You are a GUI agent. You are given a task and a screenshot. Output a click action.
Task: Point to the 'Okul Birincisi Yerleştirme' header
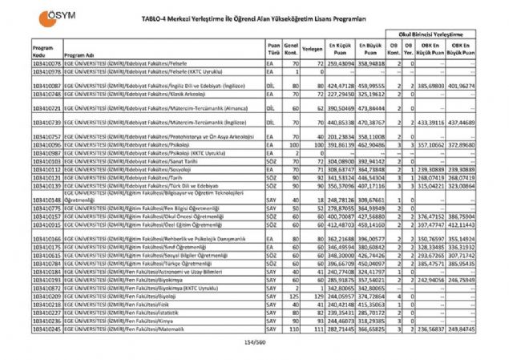click(x=445, y=35)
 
